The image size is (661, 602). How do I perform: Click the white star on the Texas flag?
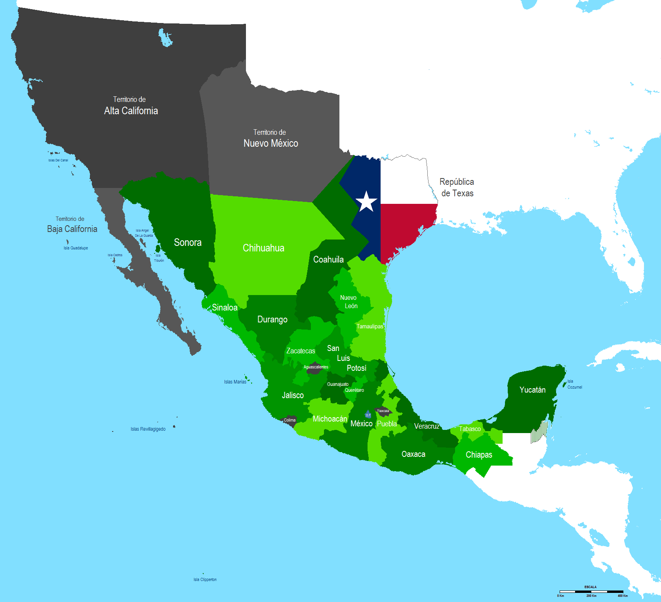(366, 201)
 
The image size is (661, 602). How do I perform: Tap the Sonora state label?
(188, 242)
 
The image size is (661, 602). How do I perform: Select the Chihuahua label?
(263, 248)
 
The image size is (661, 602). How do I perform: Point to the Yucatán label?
(532, 390)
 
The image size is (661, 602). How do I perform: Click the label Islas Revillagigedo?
(148, 429)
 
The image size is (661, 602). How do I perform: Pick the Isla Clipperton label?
(205, 579)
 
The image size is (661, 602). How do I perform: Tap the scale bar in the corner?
(591, 592)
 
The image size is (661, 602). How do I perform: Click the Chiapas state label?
(479, 455)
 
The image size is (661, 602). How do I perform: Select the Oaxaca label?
(413, 454)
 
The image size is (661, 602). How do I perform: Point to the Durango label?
(272, 319)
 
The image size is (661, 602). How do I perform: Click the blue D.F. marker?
(368, 415)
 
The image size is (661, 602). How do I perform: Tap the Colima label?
(290, 420)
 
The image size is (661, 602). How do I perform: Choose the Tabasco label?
(470, 429)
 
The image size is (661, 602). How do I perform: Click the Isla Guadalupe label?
(76, 248)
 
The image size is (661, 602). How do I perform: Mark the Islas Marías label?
(235, 382)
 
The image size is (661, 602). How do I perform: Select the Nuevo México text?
(271, 143)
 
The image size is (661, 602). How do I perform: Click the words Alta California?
(131, 111)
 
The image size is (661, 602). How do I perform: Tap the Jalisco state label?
(293, 395)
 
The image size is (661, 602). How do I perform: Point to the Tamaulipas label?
(370, 326)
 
